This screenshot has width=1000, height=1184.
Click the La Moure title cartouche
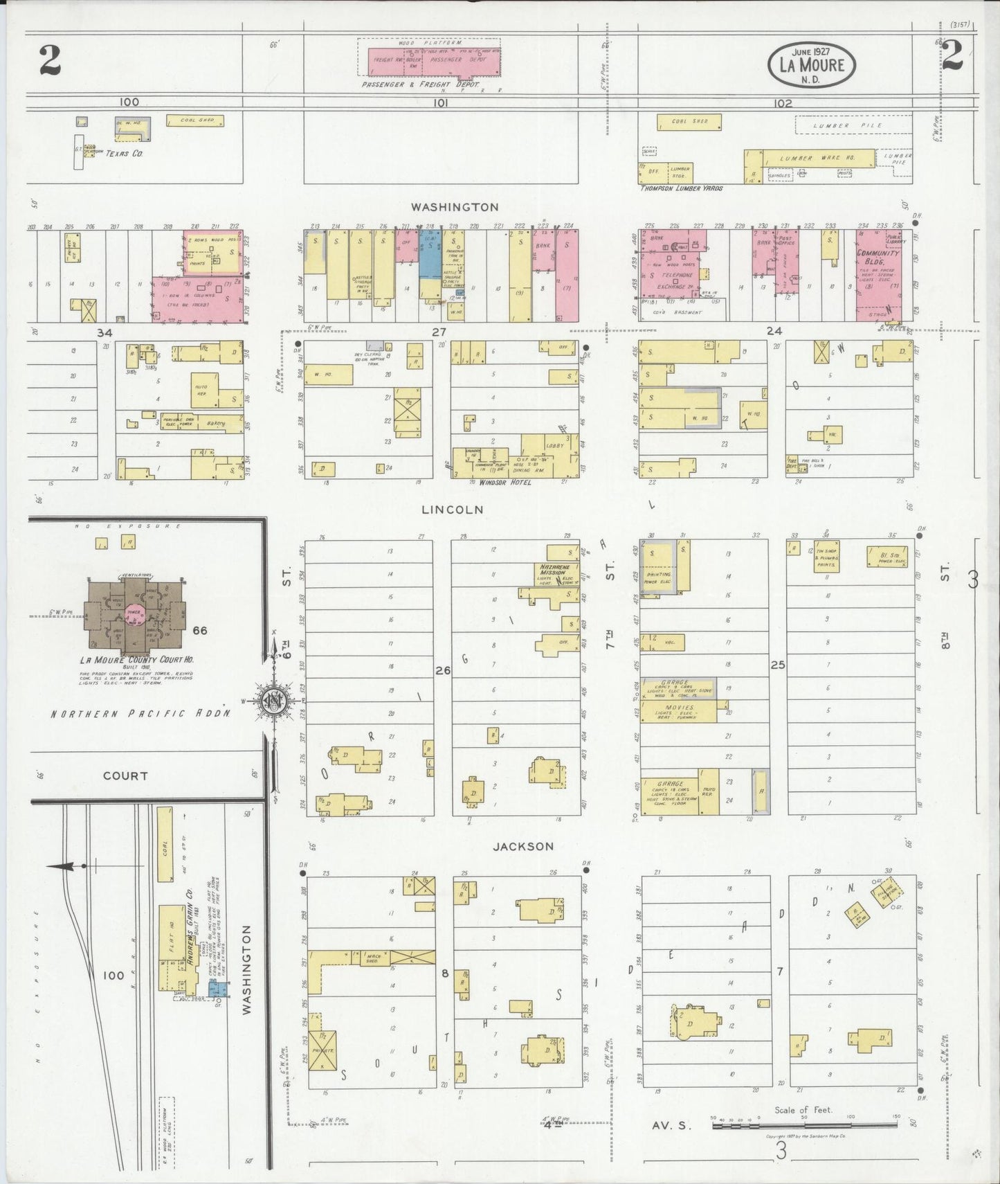point(812,64)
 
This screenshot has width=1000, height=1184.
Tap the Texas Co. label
point(125,152)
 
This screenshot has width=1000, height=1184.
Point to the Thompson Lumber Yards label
point(681,188)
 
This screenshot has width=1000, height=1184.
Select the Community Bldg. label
point(878,257)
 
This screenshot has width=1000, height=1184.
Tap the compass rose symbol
point(274,701)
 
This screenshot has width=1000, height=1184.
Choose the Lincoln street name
point(453,510)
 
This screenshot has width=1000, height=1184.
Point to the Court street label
point(125,776)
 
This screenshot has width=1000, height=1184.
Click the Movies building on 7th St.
point(679,712)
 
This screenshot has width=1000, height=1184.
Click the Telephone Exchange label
point(675,280)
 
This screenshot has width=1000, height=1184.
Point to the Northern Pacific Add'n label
point(139,713)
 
